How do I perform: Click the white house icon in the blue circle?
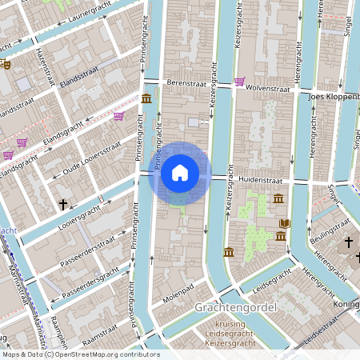click(x=180, y=173)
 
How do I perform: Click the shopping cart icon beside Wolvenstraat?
click(x=240, y=81)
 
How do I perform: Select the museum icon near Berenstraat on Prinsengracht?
click(x=146, y=98)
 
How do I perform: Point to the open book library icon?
click(x=286, y=222)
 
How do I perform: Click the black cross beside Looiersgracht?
click(x=63, y=205)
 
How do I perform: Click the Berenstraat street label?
click(x=187, y=82)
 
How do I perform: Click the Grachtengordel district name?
click(x=235, y=308)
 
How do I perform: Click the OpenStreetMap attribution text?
click(x=80, y=354)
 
